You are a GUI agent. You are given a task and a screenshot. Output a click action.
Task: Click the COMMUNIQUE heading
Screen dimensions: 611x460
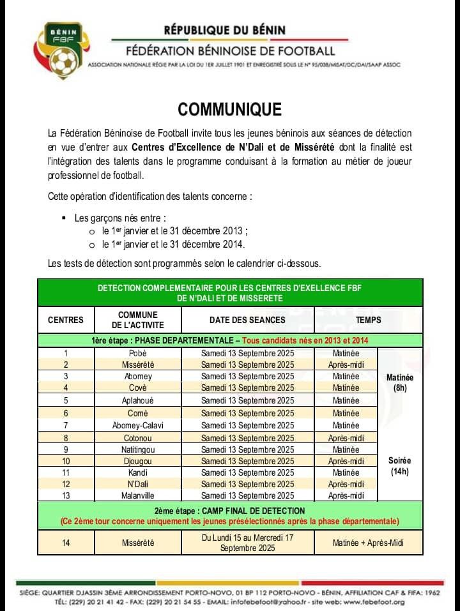229,110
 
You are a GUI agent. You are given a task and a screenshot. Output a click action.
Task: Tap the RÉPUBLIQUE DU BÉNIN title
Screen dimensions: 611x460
224,30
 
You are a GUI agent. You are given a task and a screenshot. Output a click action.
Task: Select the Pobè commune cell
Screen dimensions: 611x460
138,353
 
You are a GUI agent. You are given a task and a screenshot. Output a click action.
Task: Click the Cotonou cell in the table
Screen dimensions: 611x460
138,437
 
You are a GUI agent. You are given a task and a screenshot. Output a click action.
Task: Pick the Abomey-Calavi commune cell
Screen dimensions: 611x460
138,425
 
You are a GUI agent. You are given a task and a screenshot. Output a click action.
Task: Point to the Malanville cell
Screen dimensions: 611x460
138,495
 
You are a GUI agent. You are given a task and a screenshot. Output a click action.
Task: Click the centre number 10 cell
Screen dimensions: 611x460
65,461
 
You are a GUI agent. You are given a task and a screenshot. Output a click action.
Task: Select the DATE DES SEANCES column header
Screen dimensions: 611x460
247,320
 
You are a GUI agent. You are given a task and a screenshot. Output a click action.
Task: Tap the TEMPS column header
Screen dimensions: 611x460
368,320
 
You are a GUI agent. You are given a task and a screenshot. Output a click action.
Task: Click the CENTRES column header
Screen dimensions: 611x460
65,320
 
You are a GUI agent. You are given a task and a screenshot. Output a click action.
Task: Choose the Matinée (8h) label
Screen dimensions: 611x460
400,382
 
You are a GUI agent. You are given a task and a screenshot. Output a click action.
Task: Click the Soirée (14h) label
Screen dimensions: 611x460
400,466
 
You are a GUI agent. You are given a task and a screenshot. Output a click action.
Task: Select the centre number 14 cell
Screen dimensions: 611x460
65,543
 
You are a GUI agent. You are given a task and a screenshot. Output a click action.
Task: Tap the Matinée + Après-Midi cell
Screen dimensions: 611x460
368,543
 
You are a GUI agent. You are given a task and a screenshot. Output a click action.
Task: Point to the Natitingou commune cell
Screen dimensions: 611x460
138,449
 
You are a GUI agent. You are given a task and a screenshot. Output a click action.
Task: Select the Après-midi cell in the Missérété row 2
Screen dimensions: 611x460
346,365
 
